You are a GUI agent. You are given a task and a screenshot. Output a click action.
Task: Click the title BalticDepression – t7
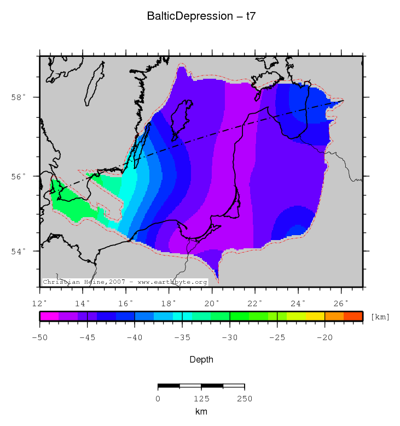point(201,16)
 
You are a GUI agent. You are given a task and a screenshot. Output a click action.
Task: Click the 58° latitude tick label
point(18,98)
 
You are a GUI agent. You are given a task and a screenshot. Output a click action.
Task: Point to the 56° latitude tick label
point(18,177)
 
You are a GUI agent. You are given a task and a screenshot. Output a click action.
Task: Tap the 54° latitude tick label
point(18,251)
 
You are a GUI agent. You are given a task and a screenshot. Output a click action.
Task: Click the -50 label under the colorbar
point(39,337)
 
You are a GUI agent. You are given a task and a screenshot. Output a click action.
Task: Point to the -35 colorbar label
point(182,337)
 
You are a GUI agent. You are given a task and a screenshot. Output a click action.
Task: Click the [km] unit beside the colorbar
point(380,317)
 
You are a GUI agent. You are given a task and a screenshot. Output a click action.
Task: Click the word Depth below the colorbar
point(201,360)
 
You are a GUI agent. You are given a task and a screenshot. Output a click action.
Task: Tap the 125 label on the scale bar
point(201,399)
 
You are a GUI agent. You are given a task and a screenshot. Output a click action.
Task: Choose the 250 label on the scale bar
point(244,399)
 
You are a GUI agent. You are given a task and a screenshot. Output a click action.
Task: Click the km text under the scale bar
point(201,411)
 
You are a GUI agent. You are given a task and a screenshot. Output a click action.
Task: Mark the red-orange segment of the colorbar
point(353,316)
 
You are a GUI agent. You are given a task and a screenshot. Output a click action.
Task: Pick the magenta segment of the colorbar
point(49,316)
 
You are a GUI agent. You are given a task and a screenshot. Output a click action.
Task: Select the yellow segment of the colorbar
point(315,316)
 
